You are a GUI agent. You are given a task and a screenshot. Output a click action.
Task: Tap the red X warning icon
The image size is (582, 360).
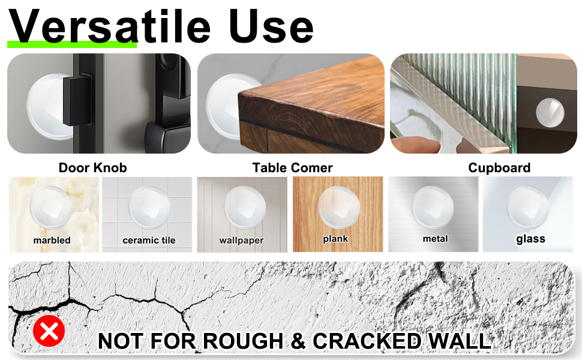click(49, 331)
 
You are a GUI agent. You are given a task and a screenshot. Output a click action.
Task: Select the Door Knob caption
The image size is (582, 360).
click(92, 167)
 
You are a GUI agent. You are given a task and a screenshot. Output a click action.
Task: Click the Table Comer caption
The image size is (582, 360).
click(292, 167)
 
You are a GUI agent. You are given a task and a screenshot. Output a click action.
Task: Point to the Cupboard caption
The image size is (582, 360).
click(499, 167)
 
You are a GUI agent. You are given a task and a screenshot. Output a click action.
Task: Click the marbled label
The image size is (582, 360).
click(52, 240)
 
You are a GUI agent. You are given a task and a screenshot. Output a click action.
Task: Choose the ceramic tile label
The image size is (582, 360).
click(149, 240)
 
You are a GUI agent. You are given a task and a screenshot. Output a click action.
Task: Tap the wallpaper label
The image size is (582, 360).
click(241, 240)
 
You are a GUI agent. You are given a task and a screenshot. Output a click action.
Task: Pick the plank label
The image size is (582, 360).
click(335, 239)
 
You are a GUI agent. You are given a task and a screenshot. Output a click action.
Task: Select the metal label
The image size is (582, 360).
click(435, 239)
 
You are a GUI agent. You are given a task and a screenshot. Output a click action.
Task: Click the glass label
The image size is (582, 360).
click(530, 239)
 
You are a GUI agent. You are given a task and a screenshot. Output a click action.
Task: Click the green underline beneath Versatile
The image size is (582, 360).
click(72, 44)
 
